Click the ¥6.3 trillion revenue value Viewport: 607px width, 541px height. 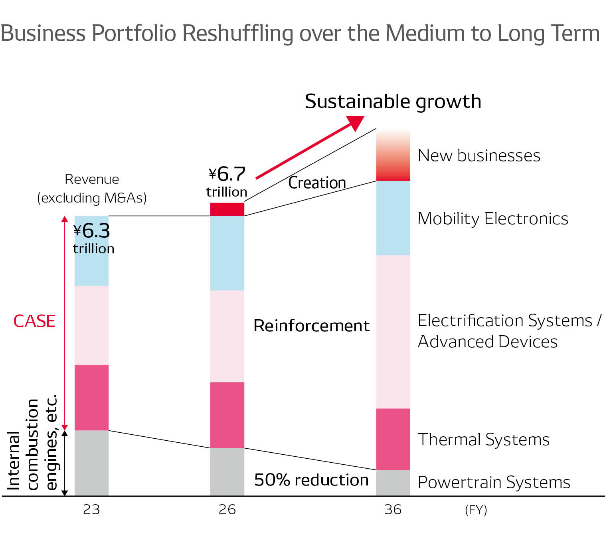point(93,239)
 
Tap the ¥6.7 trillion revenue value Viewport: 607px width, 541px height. point(227,181)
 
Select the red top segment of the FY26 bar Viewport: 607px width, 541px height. point(227,209)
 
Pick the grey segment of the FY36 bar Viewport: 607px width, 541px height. point(393,482)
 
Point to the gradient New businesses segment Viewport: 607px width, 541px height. point(393,156)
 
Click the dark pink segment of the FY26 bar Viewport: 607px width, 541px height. point(227,415)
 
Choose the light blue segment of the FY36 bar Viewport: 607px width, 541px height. point(393,218)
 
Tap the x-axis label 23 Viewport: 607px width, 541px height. point(91,509)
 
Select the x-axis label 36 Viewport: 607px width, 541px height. point(393,509)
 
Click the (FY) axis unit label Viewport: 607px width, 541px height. point(476,510)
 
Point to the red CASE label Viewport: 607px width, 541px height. point(34,321)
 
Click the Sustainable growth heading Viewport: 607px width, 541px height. point(393,101)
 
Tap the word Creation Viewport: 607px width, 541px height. point(317,183)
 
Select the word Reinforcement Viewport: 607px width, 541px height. point(311,326)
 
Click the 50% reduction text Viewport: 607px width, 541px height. point(311,480)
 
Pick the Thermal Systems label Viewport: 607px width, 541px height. point(483,440)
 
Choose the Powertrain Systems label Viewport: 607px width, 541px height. point(494,482)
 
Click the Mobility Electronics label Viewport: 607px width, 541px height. point(493,219)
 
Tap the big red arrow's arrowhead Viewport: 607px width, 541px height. point(356,122)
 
